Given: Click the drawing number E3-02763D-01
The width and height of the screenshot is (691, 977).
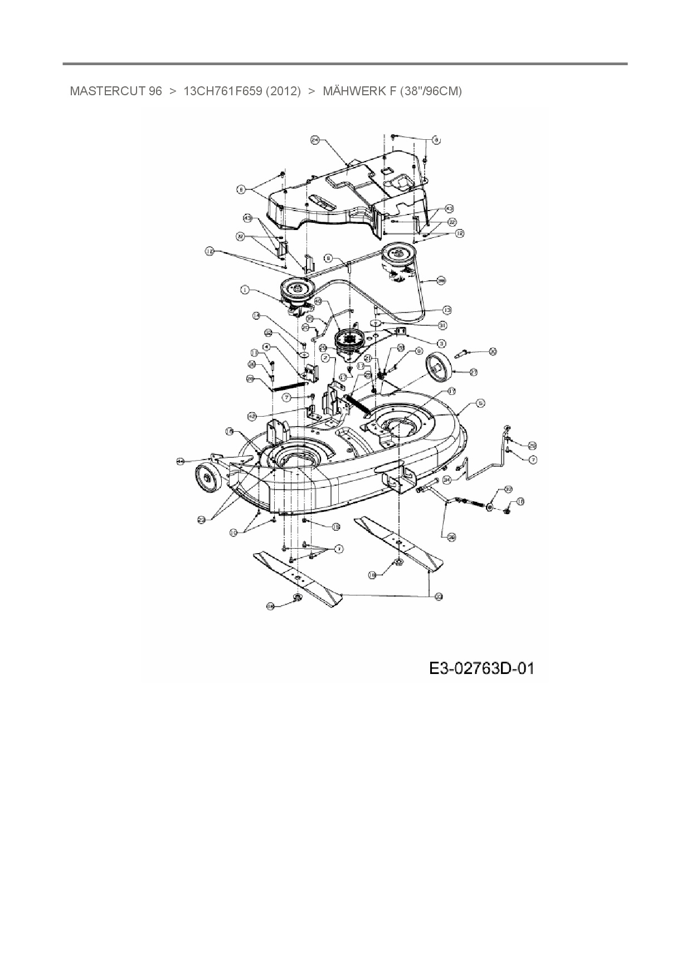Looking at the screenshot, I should (x=481, y=667).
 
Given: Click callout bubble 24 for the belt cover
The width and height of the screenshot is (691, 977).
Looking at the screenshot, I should (x=314, y=141).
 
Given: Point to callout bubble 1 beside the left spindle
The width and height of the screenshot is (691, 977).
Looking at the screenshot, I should (x=244, y=289).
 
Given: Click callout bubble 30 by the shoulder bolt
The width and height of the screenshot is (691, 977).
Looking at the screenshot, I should (x=492, y=351).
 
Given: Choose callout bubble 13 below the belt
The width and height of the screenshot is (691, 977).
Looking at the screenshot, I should (x=447, y=309).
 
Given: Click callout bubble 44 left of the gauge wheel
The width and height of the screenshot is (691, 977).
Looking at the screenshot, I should (x=180, y=461).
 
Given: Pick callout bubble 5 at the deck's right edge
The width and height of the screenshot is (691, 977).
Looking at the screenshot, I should (x=480, y=403).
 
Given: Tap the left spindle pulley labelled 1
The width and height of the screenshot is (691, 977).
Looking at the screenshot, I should (x=296, y=290).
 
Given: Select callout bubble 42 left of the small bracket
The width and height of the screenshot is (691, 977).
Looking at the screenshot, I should (x=252, y=416).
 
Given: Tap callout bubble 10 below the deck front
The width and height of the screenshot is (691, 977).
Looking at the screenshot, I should (x=234, y=533).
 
